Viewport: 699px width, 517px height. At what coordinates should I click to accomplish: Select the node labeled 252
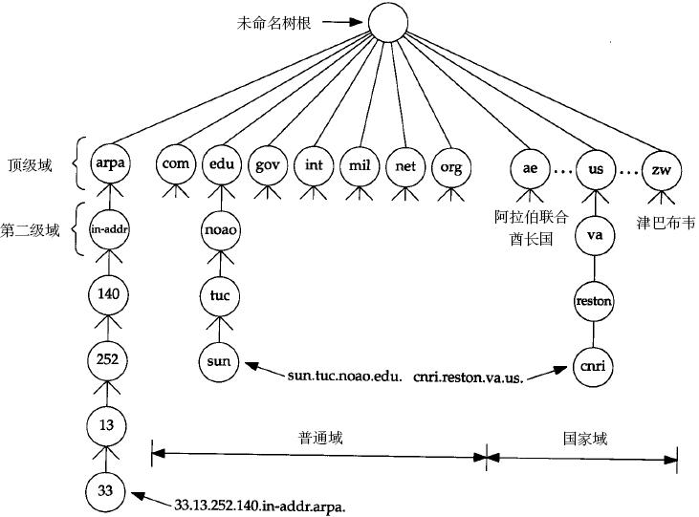(108, 360)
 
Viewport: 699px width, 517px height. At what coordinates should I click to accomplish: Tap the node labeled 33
(108, 491)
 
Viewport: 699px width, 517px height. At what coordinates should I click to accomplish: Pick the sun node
(220, 361)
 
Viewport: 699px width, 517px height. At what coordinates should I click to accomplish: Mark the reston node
(594, 301)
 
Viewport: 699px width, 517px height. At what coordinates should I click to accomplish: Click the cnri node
(594, 365)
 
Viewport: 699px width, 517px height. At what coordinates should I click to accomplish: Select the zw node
(660, 168)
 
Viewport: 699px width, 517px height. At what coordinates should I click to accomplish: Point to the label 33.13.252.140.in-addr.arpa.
(259, 504)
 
